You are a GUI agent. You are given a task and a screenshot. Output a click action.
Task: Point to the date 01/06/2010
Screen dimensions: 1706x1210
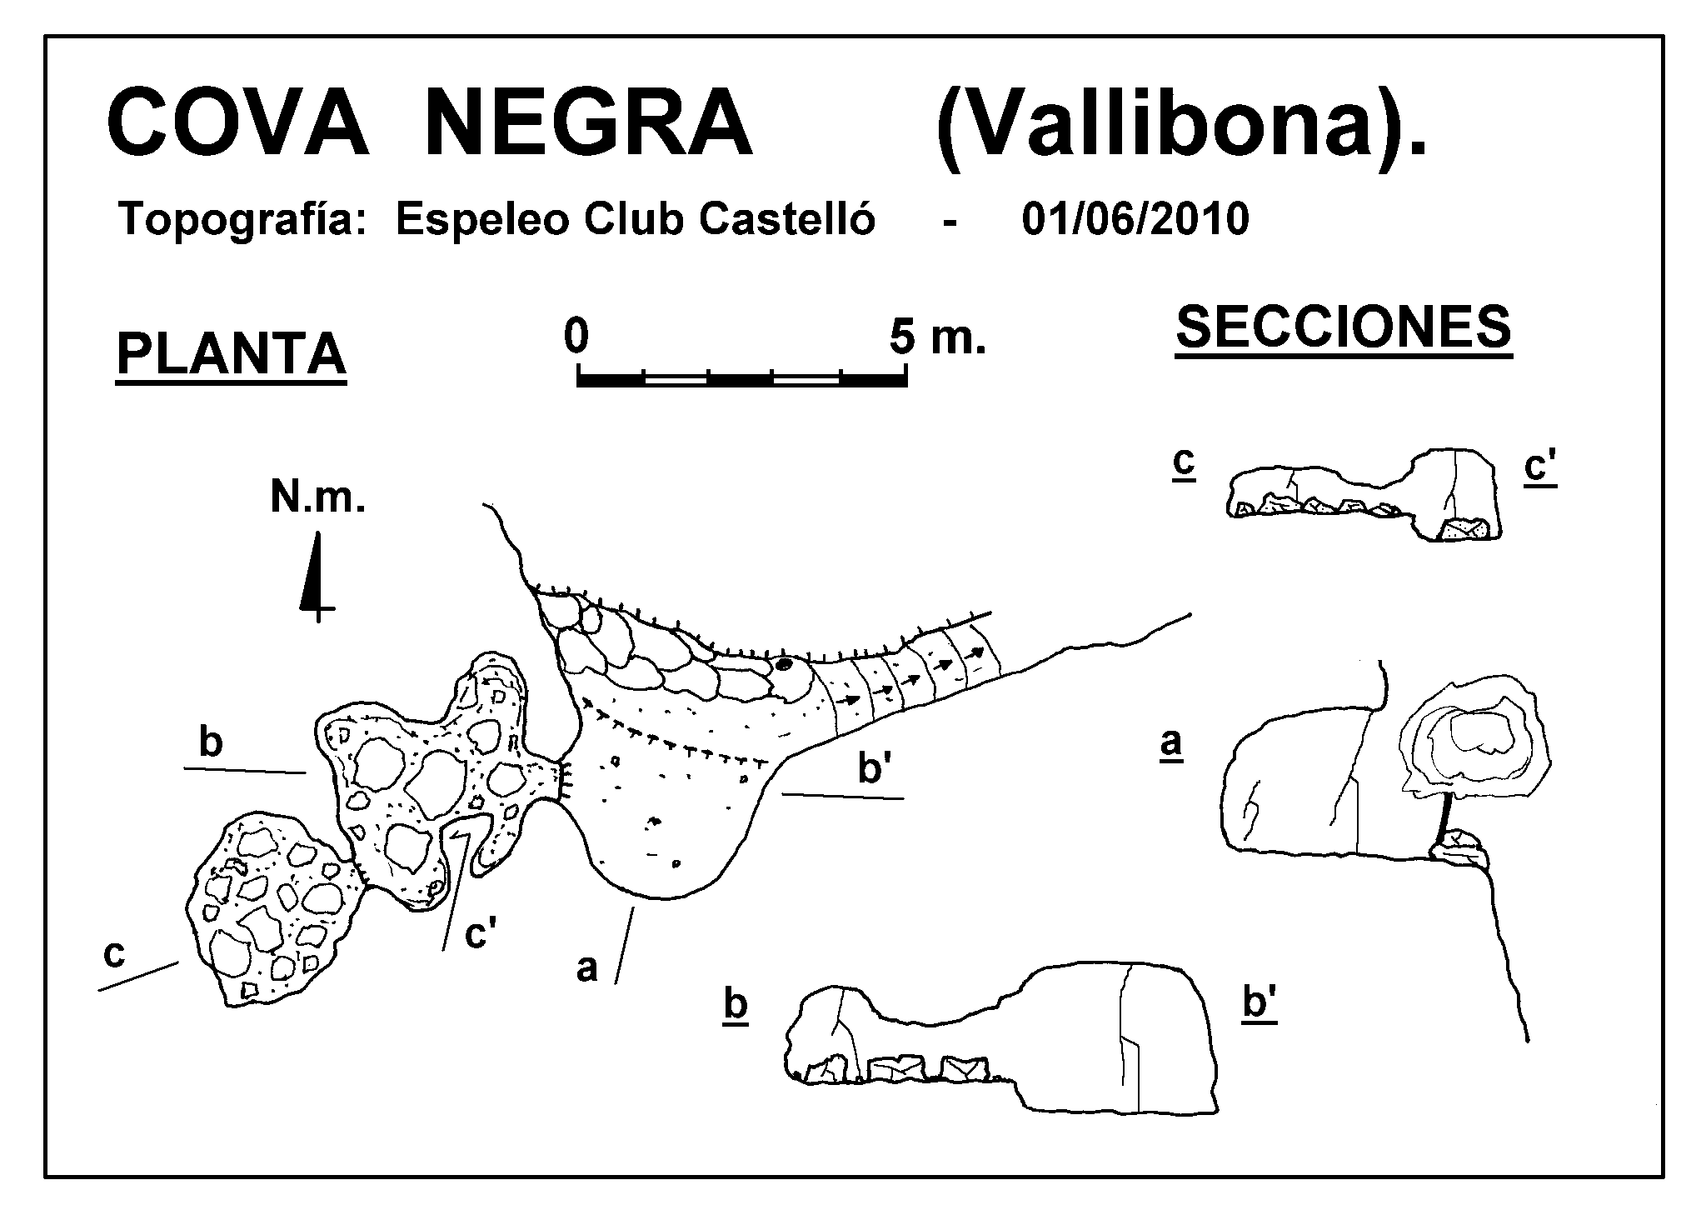coord(1135,220)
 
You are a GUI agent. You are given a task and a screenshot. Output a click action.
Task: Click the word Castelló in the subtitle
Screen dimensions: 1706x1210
coord(787,219)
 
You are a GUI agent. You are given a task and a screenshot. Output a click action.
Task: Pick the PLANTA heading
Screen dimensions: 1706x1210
coord(231,356)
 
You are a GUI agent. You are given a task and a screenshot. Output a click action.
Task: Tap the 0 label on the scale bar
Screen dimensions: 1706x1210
coord(576,336)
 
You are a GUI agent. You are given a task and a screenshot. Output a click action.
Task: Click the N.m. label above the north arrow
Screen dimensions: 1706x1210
coord(318,498)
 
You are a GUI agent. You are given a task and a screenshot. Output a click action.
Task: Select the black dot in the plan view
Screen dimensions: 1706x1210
coord(784,664)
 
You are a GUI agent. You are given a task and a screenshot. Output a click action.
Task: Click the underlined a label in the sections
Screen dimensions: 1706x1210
coord(1171,743)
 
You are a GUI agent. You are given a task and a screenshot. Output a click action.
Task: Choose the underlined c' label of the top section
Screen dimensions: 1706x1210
coord(1540,468)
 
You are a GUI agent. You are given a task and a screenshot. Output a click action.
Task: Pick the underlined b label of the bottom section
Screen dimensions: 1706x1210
coord(736,1005)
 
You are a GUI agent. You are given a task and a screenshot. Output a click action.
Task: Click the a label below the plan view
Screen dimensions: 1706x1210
coord(587,967)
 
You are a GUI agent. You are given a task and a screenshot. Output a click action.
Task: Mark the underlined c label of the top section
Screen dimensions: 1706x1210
coord(1184,462)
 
